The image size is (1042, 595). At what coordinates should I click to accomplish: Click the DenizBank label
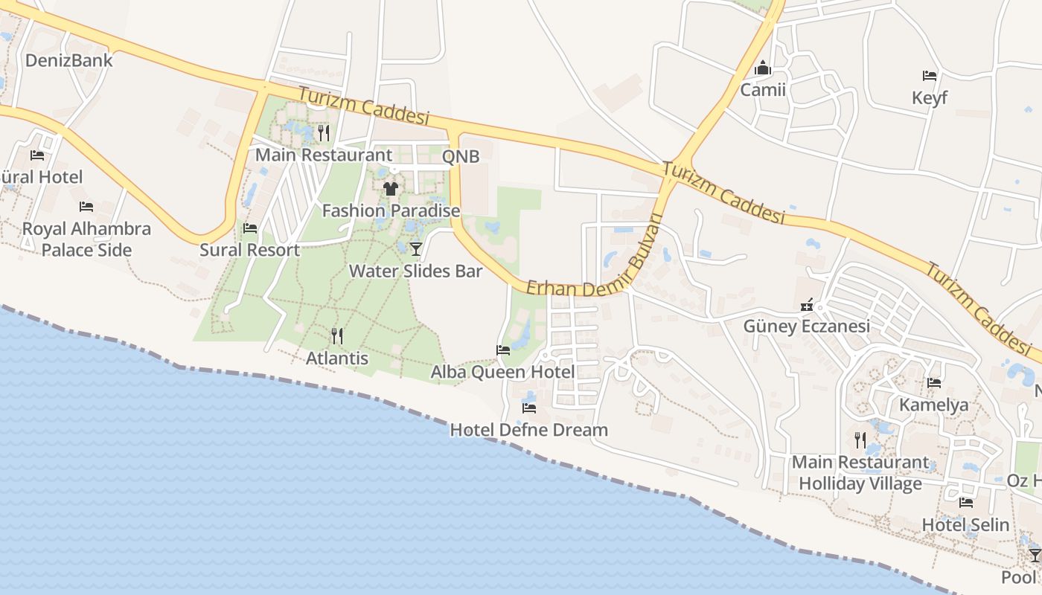[69, 60]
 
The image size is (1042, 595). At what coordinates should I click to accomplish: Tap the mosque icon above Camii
[762, 68]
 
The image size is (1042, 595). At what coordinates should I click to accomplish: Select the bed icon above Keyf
[929, 75]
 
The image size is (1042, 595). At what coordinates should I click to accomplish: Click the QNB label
[461, 156]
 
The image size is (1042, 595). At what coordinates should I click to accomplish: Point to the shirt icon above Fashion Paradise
[391, 188]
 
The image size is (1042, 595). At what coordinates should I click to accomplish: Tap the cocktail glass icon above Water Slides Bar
[415, 248]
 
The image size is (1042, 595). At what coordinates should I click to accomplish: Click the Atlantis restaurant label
[337, 358]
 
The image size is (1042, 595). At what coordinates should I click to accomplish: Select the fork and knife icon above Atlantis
[337, 336]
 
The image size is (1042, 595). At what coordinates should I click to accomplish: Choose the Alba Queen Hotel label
[502, 372]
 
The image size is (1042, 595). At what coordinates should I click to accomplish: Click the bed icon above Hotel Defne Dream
[529, 408]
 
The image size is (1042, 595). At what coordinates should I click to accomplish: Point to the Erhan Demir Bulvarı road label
[595, 264]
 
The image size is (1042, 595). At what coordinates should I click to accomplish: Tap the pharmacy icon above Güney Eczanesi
[807, 305]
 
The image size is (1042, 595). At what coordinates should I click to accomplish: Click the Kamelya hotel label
[934, 405]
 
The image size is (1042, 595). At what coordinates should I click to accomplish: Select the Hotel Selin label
[965, 525]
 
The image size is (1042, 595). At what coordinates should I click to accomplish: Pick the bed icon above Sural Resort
[250, 228]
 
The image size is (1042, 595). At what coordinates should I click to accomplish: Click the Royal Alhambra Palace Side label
[86, 239]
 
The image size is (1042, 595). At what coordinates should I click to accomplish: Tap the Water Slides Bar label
[416, 271]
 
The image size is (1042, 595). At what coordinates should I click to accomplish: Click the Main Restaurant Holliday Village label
[860, 473]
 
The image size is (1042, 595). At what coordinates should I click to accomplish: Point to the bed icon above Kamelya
[934, 383]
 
